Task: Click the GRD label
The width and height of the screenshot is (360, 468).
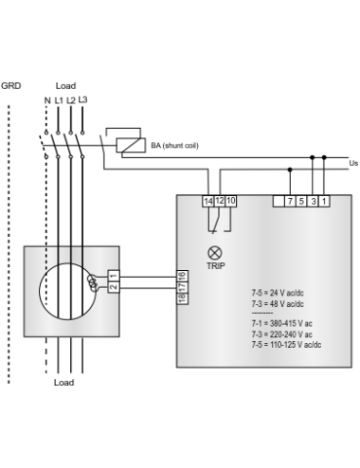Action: coord(10,85)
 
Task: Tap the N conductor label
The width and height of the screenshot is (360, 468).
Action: coord(46,100)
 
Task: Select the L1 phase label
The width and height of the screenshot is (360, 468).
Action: coord(59,100)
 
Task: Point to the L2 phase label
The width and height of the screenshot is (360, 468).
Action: coord(71,100)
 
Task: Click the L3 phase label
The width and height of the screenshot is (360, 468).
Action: coord(83,99)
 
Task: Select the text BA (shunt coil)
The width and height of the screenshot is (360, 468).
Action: coord(175,146)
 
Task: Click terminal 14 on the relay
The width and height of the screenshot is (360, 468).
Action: coord(208,201)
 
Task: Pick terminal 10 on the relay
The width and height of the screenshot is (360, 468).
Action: coord(231,201)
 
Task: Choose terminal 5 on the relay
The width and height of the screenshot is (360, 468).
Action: coord(301,201)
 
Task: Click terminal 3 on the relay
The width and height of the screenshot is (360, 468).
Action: coord(313,201)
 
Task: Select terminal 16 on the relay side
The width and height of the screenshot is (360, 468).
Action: coord(182,276)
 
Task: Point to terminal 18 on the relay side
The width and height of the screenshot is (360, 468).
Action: coord(182,298)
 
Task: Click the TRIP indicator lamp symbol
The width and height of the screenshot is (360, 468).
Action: coord(214,252)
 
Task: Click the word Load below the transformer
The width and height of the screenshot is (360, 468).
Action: coord(63,383)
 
